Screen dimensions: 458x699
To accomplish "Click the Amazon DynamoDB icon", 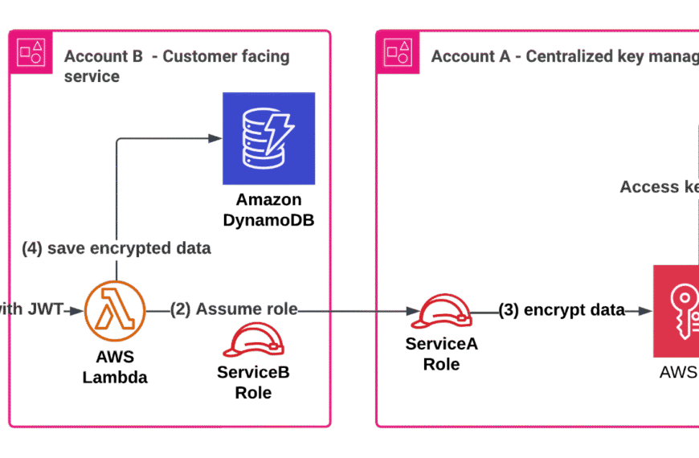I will (269, 137).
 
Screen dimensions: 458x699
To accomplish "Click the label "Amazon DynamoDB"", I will (269, 209).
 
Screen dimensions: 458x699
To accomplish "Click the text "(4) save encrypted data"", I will (116, 249).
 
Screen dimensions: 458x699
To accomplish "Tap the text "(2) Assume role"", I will (233, 309).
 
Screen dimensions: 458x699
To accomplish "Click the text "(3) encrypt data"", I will (561, 310).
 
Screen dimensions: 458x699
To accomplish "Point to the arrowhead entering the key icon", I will (645, 310).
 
